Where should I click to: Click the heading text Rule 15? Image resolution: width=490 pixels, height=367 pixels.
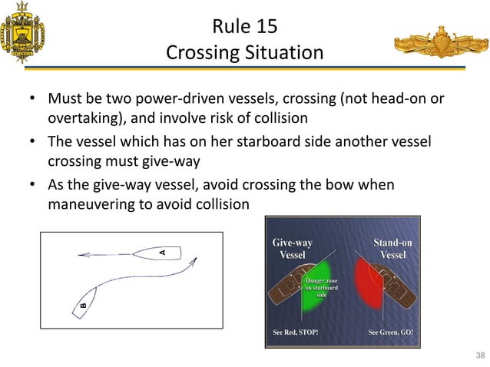[244, 28]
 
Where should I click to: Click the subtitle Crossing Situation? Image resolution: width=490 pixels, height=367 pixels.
[244, 54]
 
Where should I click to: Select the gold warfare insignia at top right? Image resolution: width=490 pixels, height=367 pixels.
[441, 45]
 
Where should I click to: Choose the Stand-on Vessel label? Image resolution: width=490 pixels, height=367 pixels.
[393, 249]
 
